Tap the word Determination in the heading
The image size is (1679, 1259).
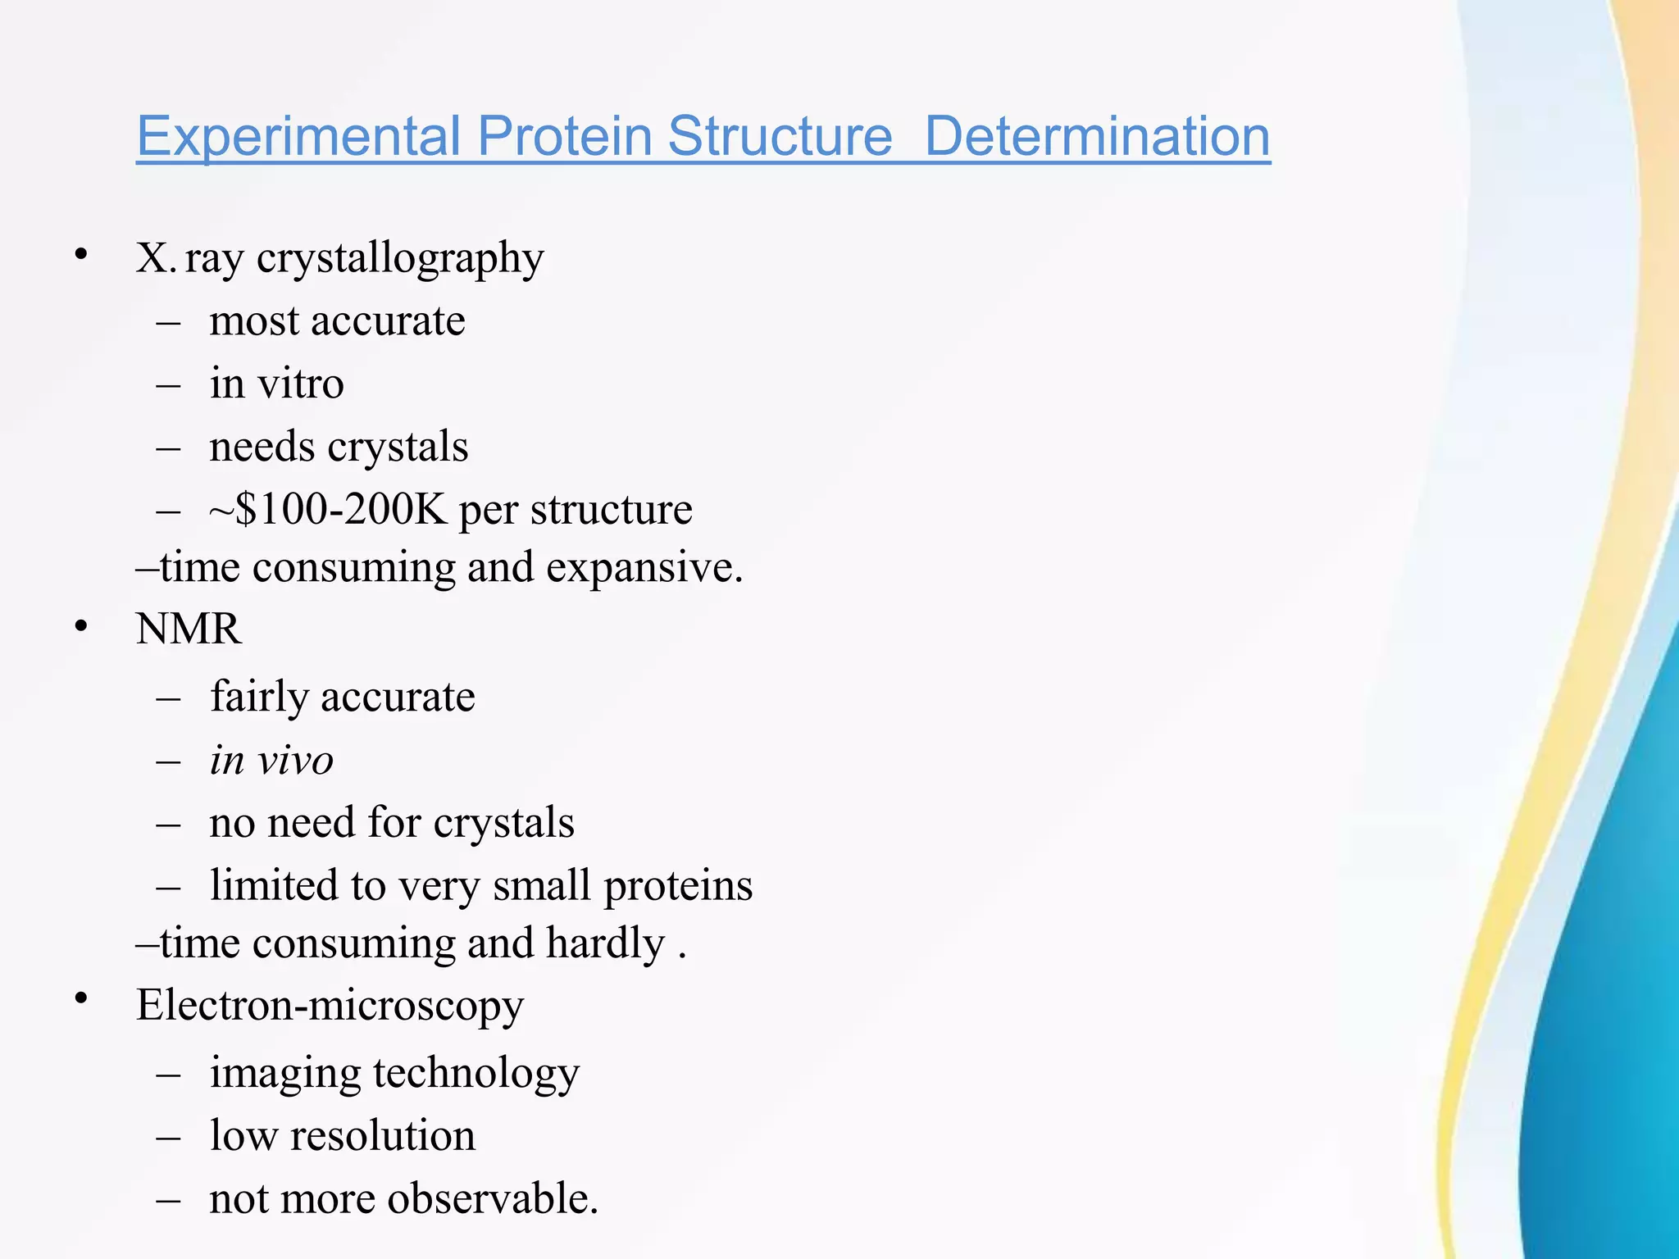click(x=1097, y=136)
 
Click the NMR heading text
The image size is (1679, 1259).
click(x=189, y=629)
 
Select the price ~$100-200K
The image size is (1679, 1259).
click(x=328, y=509)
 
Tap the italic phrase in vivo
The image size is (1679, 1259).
click(x=271, y=760)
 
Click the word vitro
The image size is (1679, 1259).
click(x=300, y=384)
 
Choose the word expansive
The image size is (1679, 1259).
click(x=644, y=567)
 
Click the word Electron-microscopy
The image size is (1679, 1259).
click(x=330, y=1006)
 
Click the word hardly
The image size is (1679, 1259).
click(x=606, y=943)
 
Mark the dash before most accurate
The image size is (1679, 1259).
click(x=168, y=322)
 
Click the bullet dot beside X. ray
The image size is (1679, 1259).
click(x=80, y=255)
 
